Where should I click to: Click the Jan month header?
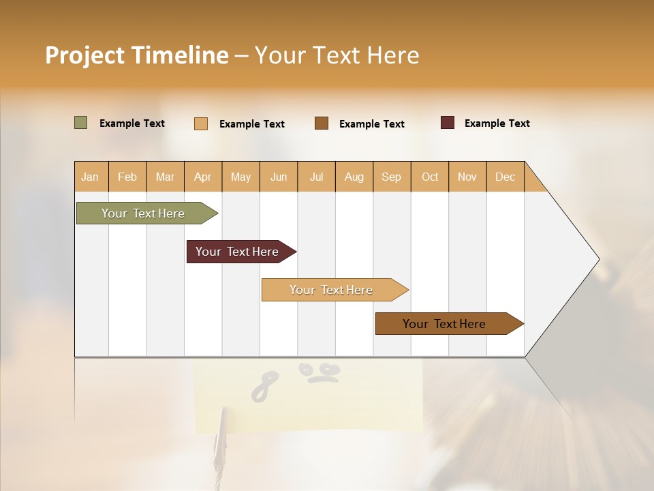(91, 177)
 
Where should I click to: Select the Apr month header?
(203, 177)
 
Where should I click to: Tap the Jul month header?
(317, 177)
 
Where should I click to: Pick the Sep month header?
(391, 177)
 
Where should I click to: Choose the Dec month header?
(505, 177)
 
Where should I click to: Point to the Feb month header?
(127, 177)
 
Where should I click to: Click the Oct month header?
(430, 177)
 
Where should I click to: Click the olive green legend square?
(81, 123)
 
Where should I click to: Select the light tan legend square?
(201, 123)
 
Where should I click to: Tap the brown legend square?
(322, 123)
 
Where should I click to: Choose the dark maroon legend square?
(448, 123)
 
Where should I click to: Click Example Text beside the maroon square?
(497, 123)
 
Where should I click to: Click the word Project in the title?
(84, 55)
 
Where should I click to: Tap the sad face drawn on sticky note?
(320, 372)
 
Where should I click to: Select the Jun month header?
(279, 177)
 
